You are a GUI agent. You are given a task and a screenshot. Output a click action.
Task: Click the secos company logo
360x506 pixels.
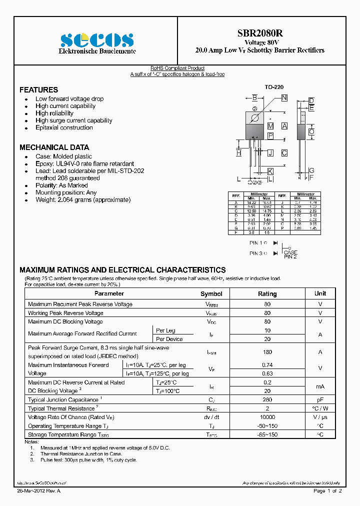97,39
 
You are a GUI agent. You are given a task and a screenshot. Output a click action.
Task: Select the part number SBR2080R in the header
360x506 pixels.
259,33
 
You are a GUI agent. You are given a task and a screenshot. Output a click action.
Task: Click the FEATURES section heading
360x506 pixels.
38,90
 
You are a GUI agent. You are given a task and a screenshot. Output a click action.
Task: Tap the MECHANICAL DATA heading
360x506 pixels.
54,147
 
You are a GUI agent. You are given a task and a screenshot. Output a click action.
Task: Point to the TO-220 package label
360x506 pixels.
274,87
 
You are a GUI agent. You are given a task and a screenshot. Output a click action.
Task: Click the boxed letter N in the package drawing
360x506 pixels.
284,98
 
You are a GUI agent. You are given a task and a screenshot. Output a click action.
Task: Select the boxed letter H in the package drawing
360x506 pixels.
238,153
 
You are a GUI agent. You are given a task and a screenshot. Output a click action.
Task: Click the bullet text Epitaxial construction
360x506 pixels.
64,127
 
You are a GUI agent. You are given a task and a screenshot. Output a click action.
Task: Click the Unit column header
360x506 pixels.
320,293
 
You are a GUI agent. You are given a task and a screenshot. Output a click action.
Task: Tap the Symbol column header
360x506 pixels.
211,294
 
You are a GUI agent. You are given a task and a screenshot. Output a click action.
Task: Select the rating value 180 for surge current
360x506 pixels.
267,352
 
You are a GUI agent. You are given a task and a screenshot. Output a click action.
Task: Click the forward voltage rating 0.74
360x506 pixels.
267,365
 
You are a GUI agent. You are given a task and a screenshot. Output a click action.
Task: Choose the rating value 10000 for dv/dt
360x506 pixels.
267,417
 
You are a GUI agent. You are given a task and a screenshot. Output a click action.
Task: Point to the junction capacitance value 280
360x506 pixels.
267,400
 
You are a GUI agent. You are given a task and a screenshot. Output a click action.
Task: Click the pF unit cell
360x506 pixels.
320,400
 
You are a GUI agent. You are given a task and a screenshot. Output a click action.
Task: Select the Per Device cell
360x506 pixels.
169,339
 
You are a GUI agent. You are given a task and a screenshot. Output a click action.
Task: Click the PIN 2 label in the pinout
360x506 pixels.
290,256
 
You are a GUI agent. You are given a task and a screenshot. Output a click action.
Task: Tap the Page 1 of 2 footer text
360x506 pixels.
327,491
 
